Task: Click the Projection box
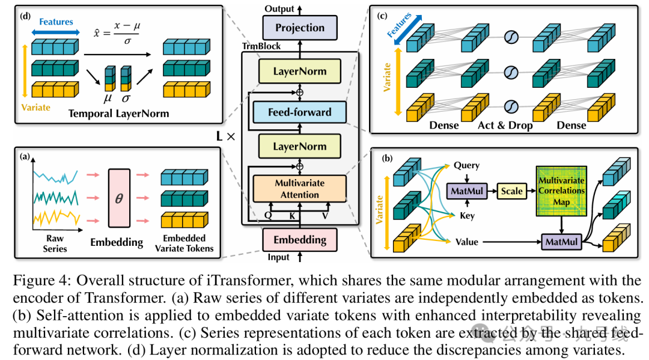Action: pyautogui.click(x=299, y=28)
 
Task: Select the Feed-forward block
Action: pyautogui.click(x=299, y=112)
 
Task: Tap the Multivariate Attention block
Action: pyautogui.click(x=299, y=188)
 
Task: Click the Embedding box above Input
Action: pyautogui.click(x=299, y=240)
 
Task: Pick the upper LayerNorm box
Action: pyautogui.click(x=299, y=72)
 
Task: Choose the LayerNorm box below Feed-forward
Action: pyautogui.click(x=299, y=146)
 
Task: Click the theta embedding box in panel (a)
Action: pyautogui.click(x=118, y=198)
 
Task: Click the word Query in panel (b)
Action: pyautogui.click(x=466, y=165)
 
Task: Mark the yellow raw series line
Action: pyautogui.click(x=55, y=217)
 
